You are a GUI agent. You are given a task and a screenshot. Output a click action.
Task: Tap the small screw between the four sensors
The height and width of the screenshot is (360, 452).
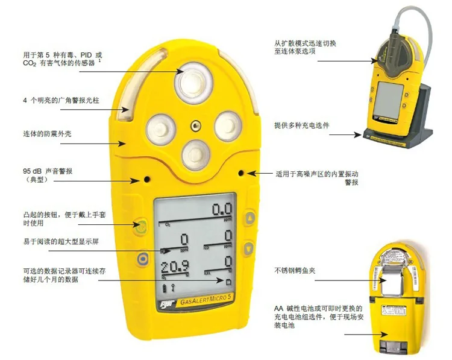click(x=195, y=125)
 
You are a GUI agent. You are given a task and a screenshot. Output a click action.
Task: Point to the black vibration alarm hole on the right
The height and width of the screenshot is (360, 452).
click(x=241, y=173)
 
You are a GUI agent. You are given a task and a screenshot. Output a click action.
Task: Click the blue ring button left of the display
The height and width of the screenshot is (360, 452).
click(x=142, y=257)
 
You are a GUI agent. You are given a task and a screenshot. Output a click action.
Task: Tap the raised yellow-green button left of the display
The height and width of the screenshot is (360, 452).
click(x=140, y=227)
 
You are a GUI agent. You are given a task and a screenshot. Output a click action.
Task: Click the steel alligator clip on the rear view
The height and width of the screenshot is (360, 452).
click(x=395, y=283)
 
